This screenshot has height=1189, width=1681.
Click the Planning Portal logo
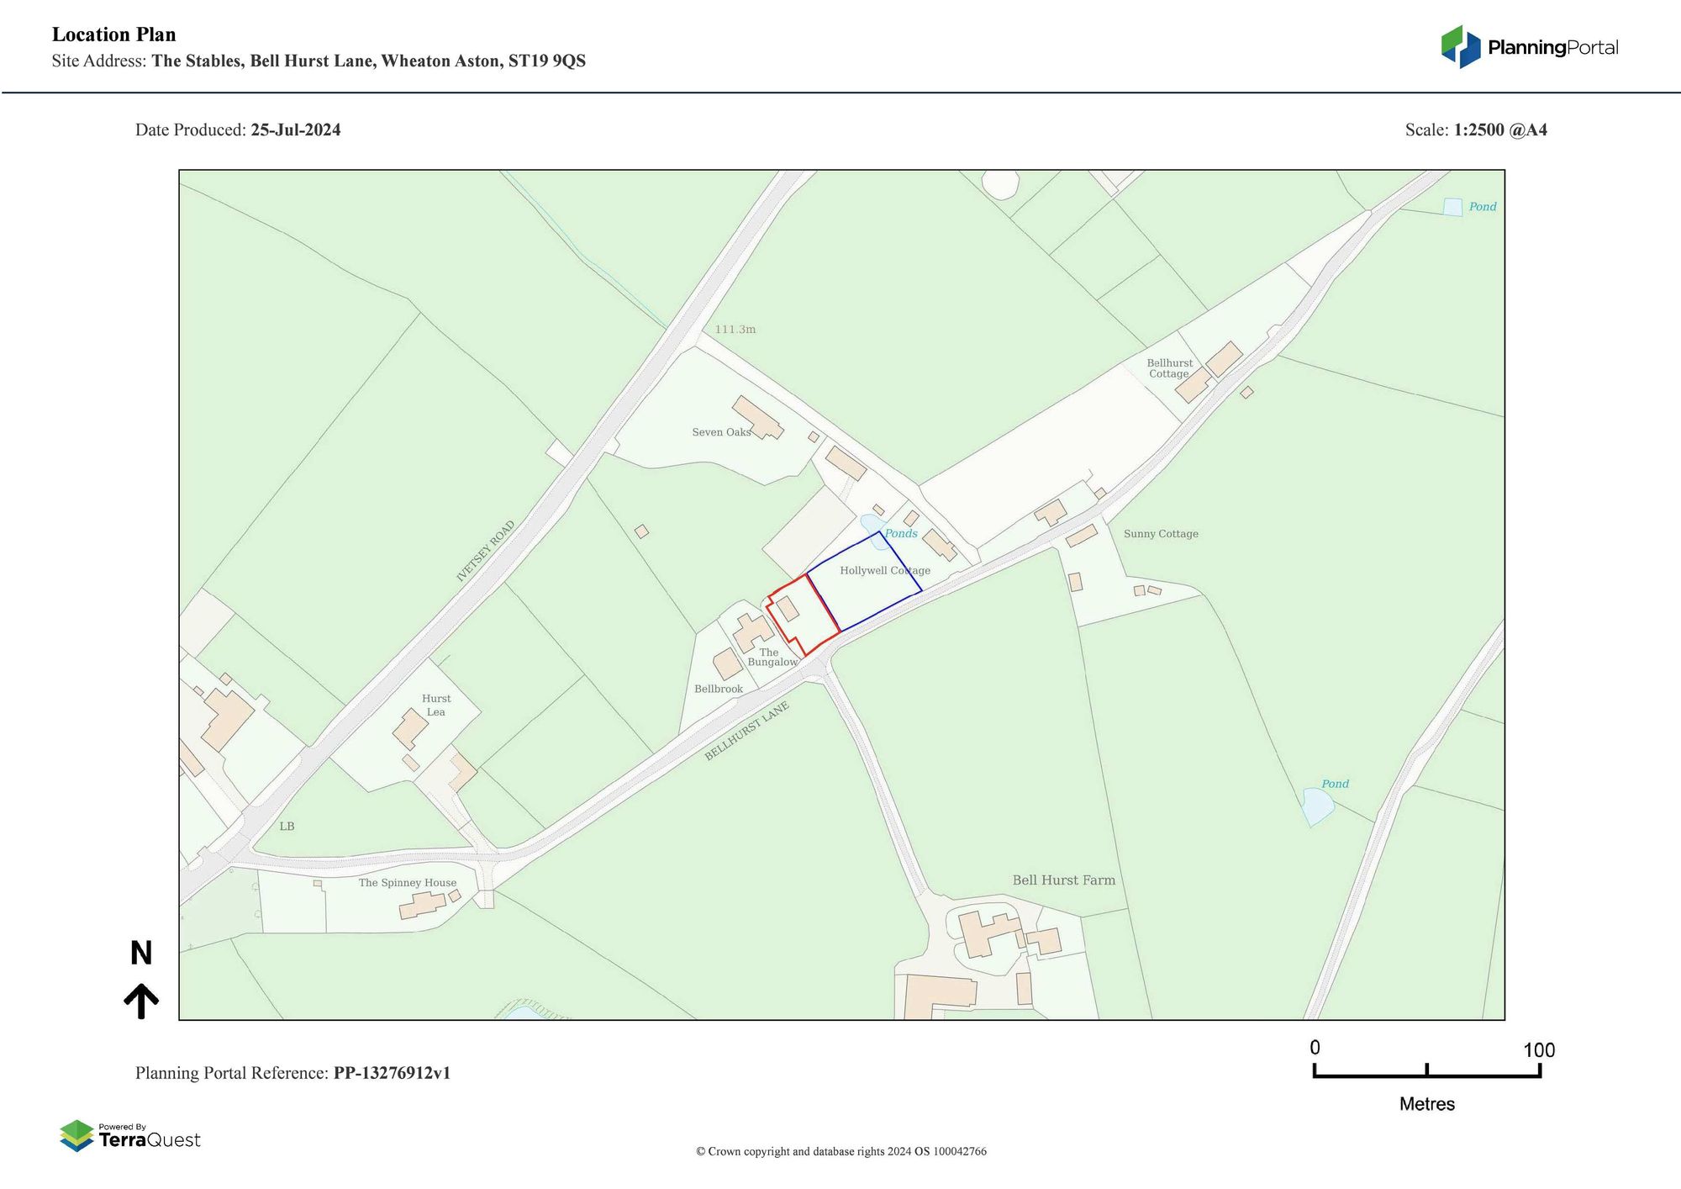1529,47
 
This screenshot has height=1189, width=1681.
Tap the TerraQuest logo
130,1136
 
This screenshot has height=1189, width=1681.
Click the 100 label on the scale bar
1539,1050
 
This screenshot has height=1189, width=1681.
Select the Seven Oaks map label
720,432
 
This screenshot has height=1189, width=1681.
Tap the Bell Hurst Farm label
1063,880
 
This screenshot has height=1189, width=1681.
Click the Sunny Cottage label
1161,534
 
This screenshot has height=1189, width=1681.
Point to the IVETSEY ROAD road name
485,552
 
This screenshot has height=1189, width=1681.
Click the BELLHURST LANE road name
746,732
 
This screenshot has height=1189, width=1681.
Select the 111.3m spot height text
735,330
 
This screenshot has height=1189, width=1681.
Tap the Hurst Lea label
436,705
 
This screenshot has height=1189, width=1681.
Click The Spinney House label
408,883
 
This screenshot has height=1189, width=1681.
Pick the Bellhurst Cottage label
1169,368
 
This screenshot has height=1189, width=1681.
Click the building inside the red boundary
788,609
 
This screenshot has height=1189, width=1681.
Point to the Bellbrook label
719,690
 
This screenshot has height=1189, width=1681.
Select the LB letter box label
287,827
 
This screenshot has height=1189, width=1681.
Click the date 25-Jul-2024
296,130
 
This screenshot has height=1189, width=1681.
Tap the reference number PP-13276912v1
392,1073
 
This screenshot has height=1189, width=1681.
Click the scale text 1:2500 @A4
1500,130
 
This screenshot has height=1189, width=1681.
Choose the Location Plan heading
114,34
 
